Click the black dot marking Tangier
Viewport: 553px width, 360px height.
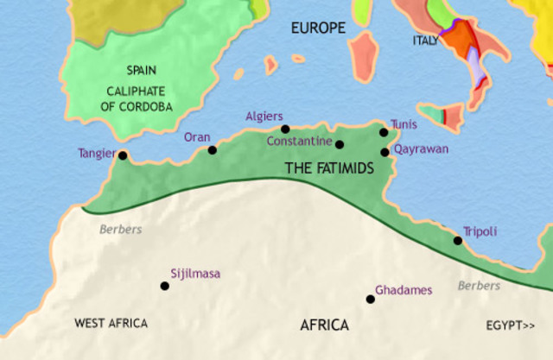point(123,156)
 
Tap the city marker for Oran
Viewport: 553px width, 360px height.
point(213,149)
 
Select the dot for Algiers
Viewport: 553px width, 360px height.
point(285,129)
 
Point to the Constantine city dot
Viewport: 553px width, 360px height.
point(340,144)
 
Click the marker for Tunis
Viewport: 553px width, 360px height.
point(384,132)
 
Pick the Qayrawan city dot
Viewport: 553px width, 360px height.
point(385,153)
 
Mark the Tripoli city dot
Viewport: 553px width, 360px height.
point(458,241)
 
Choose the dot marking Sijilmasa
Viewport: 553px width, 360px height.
point(165,286)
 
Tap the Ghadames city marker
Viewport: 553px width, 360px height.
point(371,300)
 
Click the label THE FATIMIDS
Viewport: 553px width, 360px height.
point(329,169)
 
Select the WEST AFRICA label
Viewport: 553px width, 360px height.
point(111,323)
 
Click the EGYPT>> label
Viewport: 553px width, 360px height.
point(511,325)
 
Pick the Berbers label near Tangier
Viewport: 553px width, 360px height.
point(120,230)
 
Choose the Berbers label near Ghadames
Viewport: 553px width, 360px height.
point(479,286)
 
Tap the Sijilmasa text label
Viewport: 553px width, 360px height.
point(195,274)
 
